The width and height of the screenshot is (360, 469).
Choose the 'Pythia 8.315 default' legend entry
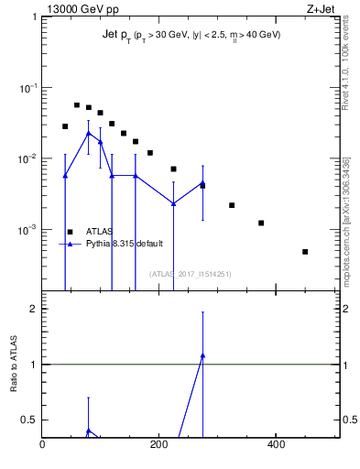coord(125,244)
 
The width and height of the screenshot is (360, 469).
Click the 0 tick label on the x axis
coord(42,444)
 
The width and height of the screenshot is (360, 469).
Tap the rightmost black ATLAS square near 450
coord(305,251)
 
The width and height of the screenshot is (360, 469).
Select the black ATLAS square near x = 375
coord(261,223)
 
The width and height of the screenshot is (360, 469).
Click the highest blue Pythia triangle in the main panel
coord(88,133)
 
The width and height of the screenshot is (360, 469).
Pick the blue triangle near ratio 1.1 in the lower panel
coord(202,355)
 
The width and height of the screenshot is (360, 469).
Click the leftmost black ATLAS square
coord(65,126)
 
